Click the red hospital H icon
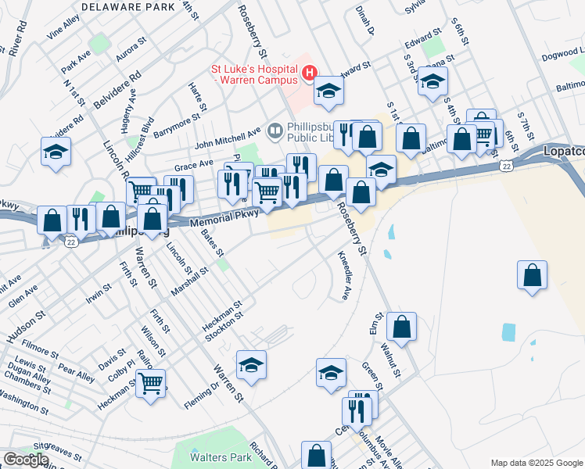(309, 73)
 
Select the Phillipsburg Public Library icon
(275, 130)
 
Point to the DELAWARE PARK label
(127, 6)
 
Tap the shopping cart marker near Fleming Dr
(151, 383)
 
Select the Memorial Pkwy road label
(221, 223)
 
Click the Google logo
(25, 460)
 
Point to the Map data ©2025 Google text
(536, 463)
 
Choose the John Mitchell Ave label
(227, 138)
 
